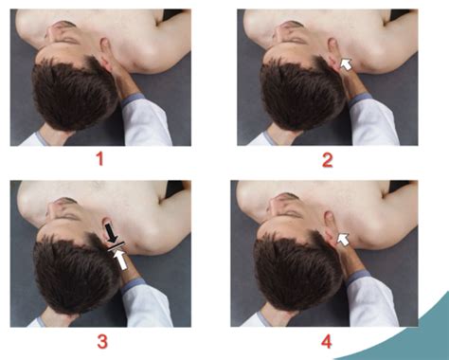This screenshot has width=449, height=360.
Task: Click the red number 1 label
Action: tap(100, 159)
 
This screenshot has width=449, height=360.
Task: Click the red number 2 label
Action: tap(327, 160)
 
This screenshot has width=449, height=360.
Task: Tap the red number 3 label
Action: tap(102, 342)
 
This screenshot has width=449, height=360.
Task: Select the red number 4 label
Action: tap(326, 342)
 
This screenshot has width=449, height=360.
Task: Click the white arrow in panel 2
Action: tap(347, 64)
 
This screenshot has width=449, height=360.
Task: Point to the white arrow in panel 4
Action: tap(343, 240)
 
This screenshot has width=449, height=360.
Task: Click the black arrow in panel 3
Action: tap(110, 233)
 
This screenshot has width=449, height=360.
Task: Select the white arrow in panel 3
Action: tap(120, 259)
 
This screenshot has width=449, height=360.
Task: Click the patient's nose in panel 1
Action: tap(52, 32)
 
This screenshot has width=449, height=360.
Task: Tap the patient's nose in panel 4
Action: tap(274, 206)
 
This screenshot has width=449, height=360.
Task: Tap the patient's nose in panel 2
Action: tap(279, 32)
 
